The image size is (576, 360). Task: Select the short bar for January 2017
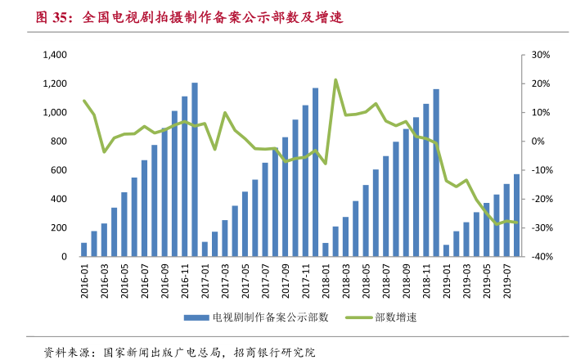205,249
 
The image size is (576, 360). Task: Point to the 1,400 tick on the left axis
53,55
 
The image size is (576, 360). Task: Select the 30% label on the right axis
540,55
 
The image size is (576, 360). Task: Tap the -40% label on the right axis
540,257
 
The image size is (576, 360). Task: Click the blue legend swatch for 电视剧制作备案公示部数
196,317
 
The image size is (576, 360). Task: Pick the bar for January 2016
83,250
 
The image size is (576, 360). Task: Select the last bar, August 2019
516,215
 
